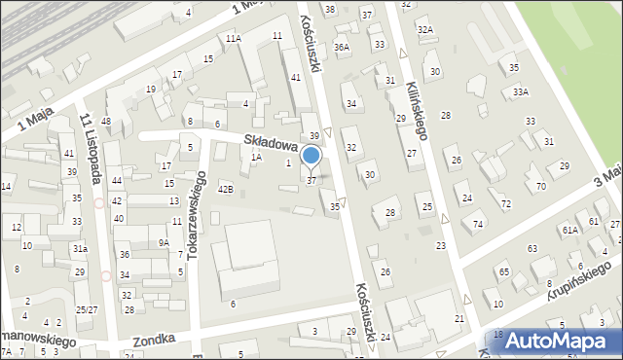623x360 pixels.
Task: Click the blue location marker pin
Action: coord(311,156)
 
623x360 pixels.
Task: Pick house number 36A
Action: coord(341,47)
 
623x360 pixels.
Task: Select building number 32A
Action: coord(424,30)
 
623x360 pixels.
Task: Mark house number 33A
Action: coord(521,91)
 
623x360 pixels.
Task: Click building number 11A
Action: coord(233,38)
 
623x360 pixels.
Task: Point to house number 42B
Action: coord(225,189)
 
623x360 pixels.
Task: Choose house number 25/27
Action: coord(87,309)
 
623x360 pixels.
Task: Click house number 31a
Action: coord(80,249)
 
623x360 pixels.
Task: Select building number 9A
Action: coord(165,243)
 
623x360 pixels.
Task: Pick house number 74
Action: coord(478,225)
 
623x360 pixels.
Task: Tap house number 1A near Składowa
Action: coord(256,157)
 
